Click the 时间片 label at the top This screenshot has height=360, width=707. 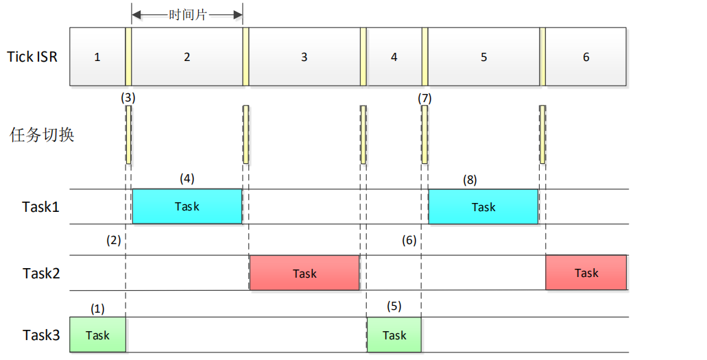pyautogui.click(x=187, y=14)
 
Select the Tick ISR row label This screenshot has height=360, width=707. pyautogui.click(x=32, y=56)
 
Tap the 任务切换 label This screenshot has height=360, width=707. pyautogui.click(x=42, y=134)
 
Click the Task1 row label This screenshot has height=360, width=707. pyautogui.click(x=41, y=206)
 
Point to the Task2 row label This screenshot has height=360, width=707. pyautogui.click(x=41, y=273)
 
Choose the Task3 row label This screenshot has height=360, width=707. pyautogui.click(x=41, y=335)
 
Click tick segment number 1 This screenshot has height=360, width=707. pyautogui.click(x=97, y=57)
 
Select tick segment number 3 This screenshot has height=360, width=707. pyautogui.click(x=304, y=57)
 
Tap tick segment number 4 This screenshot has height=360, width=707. pyautogui.click(x=394, y=57)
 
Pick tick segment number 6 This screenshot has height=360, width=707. pyautogui.click(x=586, y=57)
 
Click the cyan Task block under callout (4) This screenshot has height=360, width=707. pyautogui.click(x=187, y=206)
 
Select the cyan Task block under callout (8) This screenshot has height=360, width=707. pyautogui.click(x=483, y=206)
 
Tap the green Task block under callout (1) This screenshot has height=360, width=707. pyautogui.click(x=97, y=335)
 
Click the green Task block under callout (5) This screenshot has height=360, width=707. pyautogui.click(x=394, y=335)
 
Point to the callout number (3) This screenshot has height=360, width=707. pyautogui.click(x=128, y=97)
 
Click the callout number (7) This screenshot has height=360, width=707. pyautogui.click(x=424, y=97)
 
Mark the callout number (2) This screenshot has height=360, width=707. pyautogui.click(x=113, y=240)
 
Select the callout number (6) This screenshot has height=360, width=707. pyautogui.click(x=409, y=240)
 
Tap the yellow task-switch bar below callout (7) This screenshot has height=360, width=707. pyautogui.click(x=424, y=134)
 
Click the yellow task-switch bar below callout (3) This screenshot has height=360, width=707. pyautogui.click(x=128, y=134)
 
